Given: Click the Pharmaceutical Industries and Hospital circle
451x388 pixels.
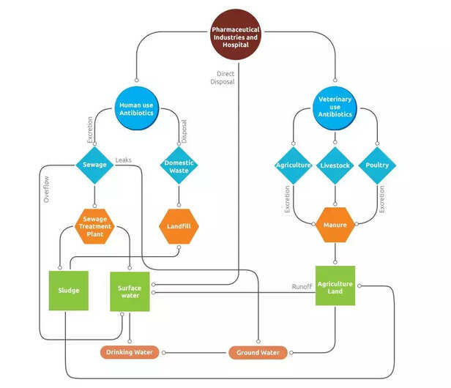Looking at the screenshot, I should point(235,34).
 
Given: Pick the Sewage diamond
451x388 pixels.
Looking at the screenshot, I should point(95,165).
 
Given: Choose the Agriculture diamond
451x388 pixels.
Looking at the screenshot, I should point(294,165).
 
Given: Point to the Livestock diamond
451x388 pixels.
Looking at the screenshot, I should point(335,165).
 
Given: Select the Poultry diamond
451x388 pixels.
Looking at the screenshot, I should point(377,165).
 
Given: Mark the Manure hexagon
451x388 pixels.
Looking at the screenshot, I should point(335,225).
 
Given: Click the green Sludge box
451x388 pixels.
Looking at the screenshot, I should point(69,291).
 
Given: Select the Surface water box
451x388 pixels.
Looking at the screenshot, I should point(130,291).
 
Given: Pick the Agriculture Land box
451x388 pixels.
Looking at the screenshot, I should point(335,286).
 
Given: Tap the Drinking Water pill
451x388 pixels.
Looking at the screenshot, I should point(130,353).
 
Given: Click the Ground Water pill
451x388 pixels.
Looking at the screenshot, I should point(258,353).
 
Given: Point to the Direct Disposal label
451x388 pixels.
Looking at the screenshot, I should point(225,78).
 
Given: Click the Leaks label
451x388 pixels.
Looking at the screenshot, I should point(124,160).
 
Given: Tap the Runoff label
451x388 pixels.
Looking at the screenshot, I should point(302,287).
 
